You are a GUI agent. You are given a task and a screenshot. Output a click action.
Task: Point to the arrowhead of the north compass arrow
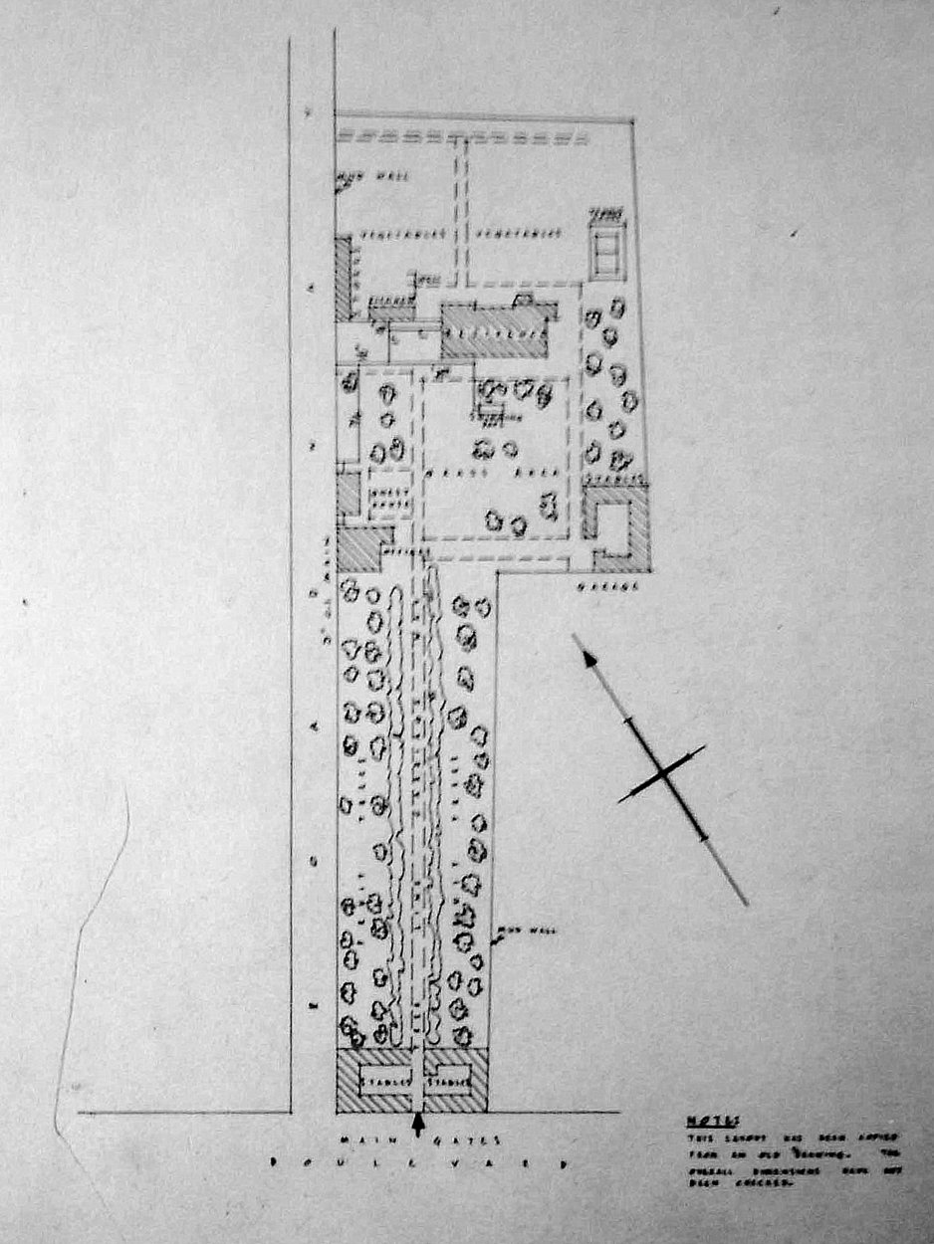(588, 657)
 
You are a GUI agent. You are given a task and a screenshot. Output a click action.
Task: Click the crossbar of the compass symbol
(661, 773)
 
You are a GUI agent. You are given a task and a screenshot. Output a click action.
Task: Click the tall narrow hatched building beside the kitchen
(344, 279)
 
